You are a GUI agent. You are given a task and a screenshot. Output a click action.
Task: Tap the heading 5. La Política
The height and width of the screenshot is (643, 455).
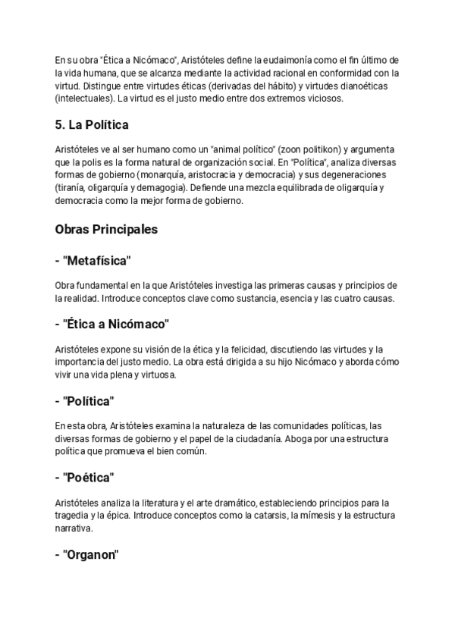click(x=92, y=125)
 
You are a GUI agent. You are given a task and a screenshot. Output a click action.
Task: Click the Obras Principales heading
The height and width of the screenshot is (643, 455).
click(x=106, y=229)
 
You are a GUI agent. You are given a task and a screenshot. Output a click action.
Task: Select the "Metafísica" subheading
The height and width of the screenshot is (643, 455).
click(x=93, y=261)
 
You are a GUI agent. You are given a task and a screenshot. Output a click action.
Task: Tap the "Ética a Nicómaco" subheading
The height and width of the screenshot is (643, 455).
click(x=112, y=324)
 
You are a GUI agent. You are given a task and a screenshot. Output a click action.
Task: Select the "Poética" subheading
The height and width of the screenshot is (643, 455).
click(x=84, y=478)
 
